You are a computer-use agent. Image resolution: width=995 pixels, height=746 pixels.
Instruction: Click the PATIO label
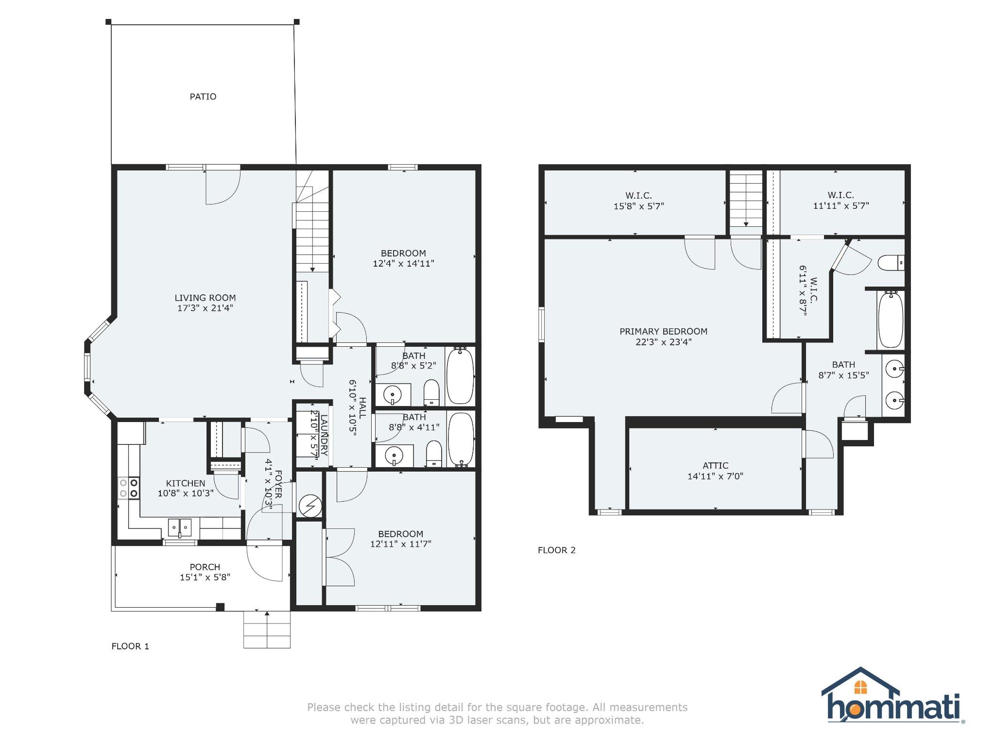[x=203, y=97]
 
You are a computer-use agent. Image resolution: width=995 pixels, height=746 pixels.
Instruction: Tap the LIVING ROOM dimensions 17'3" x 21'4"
[x=205, y=308]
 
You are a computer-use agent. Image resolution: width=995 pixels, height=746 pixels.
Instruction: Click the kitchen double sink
[x=180, y=527]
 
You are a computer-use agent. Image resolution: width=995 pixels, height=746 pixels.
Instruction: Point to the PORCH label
[x=205, y=567]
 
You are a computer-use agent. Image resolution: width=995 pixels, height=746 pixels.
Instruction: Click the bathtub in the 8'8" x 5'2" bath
[x=460, y=376]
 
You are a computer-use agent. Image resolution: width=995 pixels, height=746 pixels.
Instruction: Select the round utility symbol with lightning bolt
[x=310, y=506]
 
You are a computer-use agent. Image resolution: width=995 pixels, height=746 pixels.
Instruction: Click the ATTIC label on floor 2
[x=715, y=465]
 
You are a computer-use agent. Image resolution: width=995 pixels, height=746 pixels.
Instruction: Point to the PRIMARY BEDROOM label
[x=663, y=331]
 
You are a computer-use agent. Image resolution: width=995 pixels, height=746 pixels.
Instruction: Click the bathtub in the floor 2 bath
[x=891, y=320]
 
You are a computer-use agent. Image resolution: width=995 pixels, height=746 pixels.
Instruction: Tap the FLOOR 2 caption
[x=556, y=550]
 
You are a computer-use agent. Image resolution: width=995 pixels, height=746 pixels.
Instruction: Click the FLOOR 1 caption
[x=130, y=646]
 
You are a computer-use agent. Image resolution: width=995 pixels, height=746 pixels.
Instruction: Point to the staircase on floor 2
[x=746, y=200]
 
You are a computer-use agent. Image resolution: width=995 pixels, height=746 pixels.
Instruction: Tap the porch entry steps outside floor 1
[x=267, y=629]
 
